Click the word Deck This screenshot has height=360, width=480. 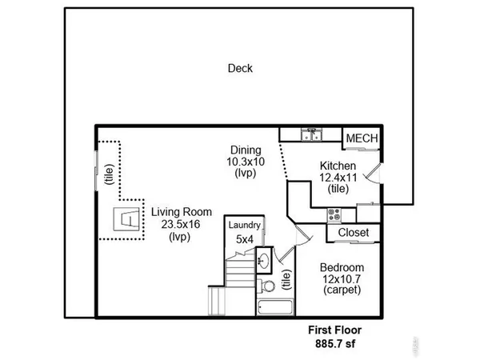[x=240, y=68]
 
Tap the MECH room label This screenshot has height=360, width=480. [x=360, y=138]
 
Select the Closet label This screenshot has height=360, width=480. [x=353, y=232]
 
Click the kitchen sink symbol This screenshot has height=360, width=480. [x=311, y=135]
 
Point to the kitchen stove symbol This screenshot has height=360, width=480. [x=335, y=214]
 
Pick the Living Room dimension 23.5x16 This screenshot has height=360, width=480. [x=182, y=225]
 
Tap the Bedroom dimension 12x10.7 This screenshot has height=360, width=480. [x=342, y=279]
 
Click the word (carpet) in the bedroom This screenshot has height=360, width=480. [x=342, y=290]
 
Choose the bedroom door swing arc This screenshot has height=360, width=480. [x=302, y=233]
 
